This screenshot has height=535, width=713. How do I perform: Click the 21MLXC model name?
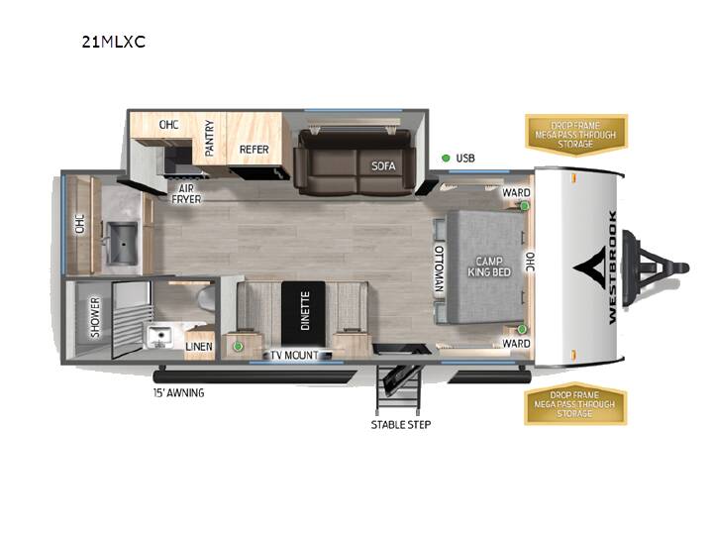tap(114, 42)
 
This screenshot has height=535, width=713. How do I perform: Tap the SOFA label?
tap(383, 166)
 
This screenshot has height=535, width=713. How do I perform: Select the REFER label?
tap(255, 150)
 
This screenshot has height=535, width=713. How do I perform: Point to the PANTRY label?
tap(209, 138)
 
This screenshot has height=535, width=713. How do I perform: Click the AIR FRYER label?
tap(186, 194)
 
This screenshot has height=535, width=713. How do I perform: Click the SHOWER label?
tap(95, 318)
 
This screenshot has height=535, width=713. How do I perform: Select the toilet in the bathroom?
tap(207, 297)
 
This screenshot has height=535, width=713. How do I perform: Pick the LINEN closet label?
tap(199, 347)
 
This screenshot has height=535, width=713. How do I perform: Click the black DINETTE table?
tap(303, 313)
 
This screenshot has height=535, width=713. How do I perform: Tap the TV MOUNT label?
tap(295, 356)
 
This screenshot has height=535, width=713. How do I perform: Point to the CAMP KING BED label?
tap(489, 267)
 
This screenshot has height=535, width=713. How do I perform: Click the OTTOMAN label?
tap(439, 268)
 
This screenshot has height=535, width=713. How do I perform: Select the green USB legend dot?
tap(446, 158)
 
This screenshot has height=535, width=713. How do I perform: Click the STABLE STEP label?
tap(401, 425)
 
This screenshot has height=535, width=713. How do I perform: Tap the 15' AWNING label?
tap(178, 392)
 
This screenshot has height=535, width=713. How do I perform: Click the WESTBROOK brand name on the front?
tap(613, 267)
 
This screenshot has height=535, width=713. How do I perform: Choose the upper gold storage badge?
tap(576, 135)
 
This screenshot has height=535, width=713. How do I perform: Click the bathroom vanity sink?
tap(158, 336)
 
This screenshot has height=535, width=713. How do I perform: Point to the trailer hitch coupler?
tap(678, 267)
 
